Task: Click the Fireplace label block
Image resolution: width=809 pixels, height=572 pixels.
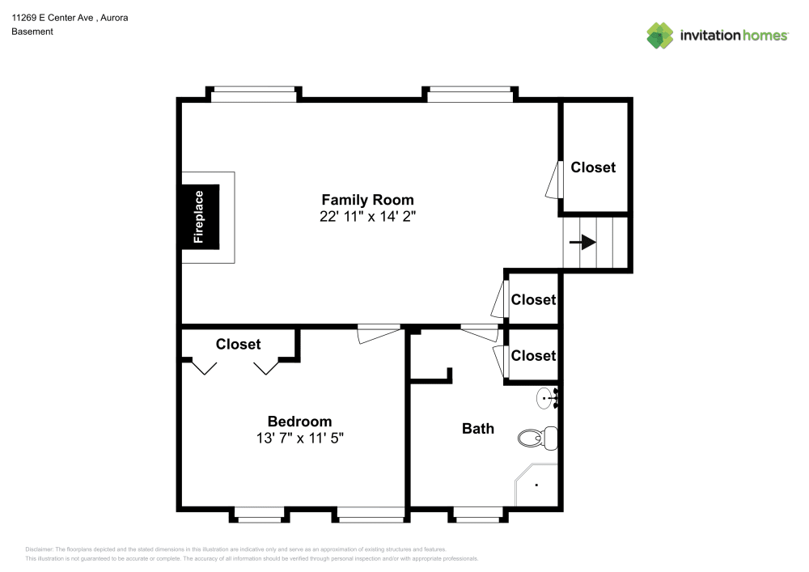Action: pos(199,217)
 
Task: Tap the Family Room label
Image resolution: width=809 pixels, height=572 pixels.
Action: pos(367,200)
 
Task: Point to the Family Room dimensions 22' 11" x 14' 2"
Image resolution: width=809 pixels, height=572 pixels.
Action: pos(367,217)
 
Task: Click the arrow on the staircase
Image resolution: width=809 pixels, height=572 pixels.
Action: pos(582,242)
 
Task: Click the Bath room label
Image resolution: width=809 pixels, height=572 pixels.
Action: pos(477,428)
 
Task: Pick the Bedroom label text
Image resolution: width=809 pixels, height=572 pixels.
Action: pos(299,422)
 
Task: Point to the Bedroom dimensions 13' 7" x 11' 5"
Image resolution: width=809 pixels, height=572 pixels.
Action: pos(299,439)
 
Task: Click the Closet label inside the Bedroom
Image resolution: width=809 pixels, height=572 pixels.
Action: pos(238,344)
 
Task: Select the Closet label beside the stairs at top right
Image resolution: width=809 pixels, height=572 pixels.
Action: pos(593,167)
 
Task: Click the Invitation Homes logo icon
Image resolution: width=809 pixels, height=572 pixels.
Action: pos(659,36)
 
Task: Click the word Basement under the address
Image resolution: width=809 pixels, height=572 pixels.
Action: pos(32,32)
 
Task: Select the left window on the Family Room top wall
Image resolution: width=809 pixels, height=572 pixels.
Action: pos(253,95)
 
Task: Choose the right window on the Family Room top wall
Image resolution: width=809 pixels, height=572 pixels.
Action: pos(469,95)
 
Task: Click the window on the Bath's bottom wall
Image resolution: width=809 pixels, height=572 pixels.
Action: pos(477,511)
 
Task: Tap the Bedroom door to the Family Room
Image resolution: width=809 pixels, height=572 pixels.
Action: pos(379,332)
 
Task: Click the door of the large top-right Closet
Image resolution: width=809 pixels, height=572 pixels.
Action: pos(553,179)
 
